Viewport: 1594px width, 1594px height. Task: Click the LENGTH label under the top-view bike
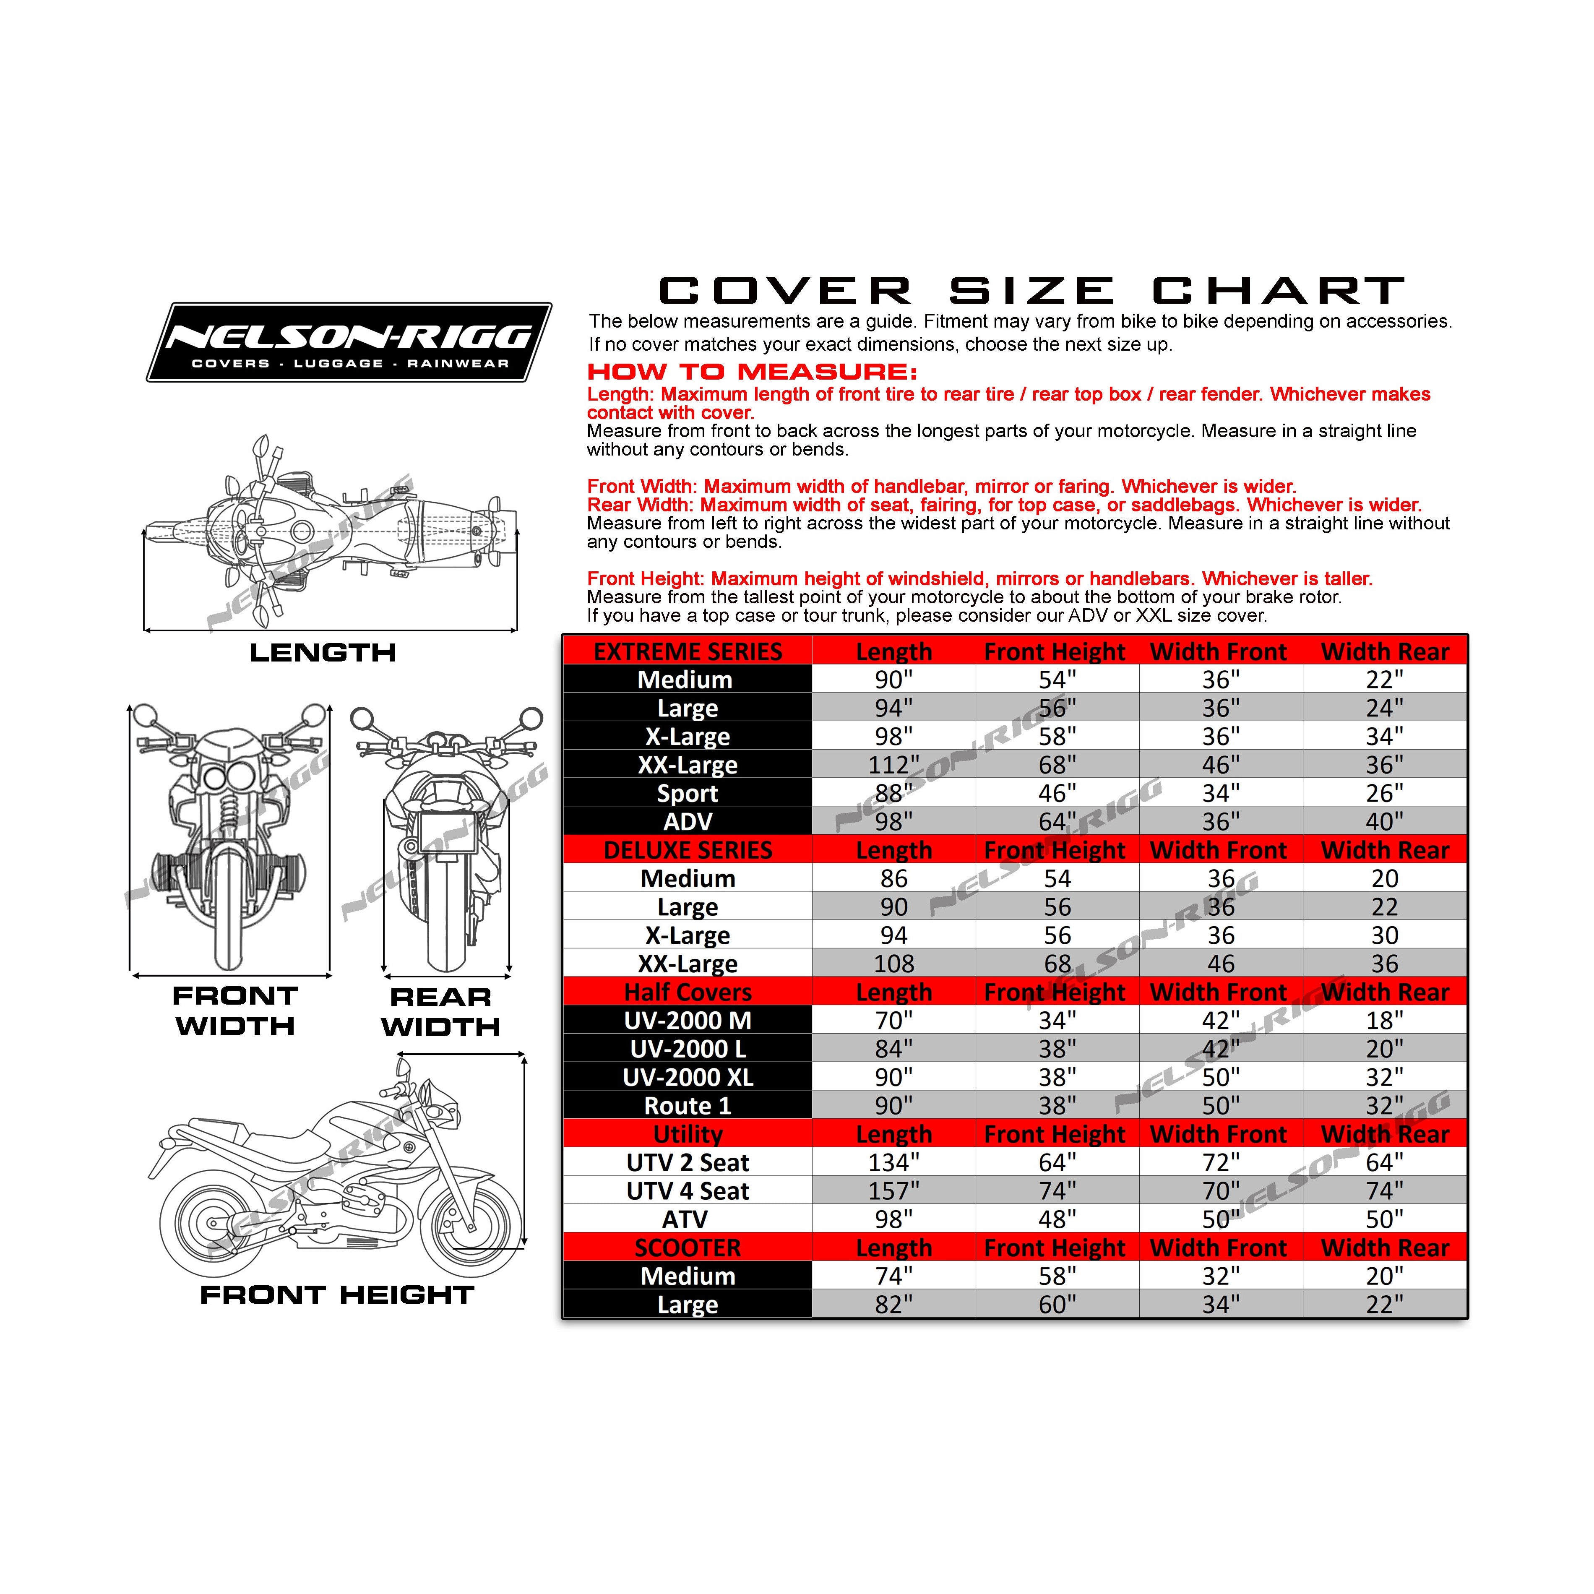(323, 653)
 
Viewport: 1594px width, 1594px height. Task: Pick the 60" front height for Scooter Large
(1057, 1305)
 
